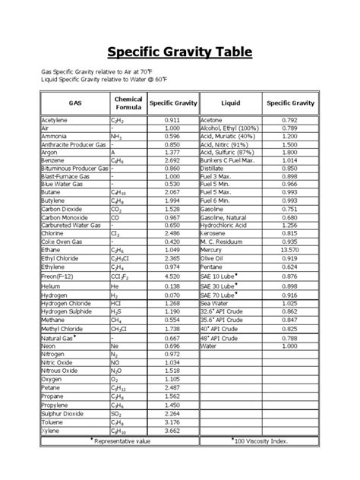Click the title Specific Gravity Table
179,52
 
